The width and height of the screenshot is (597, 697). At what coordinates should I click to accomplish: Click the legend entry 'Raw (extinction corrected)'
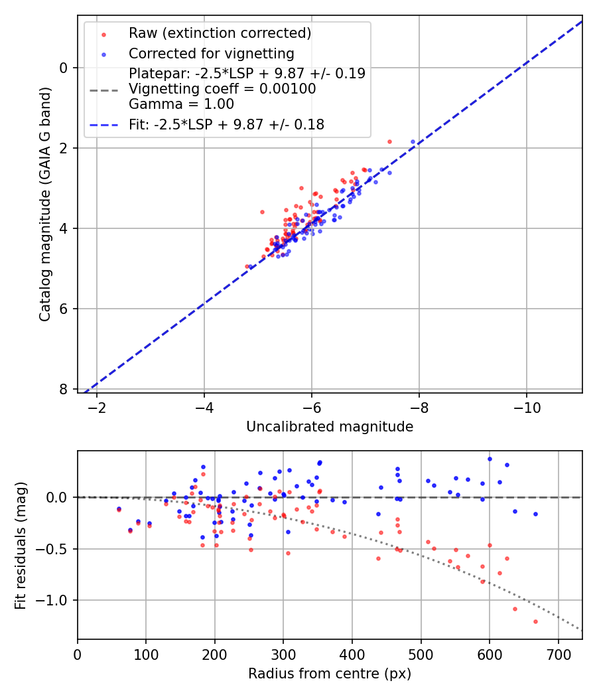click(x=220, y=33)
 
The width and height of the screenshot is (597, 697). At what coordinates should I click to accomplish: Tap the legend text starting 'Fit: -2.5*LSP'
click(x=226, y=124)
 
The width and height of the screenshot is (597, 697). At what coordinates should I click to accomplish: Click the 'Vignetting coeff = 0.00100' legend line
click(x=222, y=89)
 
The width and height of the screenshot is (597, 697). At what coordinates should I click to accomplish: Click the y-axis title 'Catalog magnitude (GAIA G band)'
click(x=44, y=204)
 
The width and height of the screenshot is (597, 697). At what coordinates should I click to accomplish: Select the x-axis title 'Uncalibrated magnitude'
click(x=330, y=427)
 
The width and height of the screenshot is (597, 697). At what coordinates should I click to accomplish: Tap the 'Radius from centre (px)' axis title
click(x=330, y=674)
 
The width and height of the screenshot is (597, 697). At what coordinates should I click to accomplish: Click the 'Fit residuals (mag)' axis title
click(x=21, y=545)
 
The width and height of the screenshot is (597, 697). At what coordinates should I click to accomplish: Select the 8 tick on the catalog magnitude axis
click(x=63, y=389)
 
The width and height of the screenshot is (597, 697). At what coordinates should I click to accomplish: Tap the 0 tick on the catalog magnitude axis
click(x=63, y=68)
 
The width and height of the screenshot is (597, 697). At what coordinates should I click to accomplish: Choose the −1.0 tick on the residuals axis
click(x=54, y=600)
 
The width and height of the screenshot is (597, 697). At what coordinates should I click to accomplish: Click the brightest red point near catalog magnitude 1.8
click(x=389, y=141)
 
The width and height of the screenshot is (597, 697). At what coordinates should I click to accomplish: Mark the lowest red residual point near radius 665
click(x=535, y=621)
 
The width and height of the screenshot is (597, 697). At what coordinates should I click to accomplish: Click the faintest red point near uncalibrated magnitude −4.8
click(x=247, y=266)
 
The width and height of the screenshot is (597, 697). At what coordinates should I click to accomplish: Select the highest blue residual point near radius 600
click(x=490, y=459)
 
